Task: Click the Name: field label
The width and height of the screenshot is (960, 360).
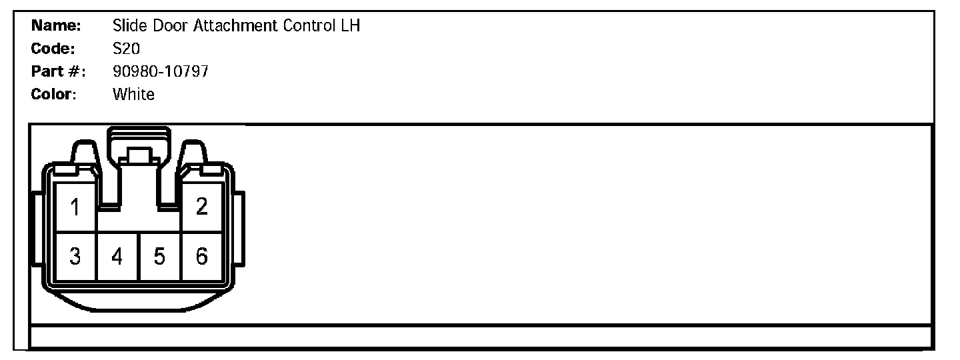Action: (56, 26)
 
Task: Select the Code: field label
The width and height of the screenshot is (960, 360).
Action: (53, 49)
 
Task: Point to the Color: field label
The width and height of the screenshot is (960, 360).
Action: (54, 94)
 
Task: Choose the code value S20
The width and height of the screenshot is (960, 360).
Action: (126, 49)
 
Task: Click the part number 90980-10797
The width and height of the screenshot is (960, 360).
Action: (160, 71)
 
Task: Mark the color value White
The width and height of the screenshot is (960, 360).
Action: (133, 94)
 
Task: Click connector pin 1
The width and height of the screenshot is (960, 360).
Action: (75, 207)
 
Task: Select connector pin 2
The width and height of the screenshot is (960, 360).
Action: (201, 207)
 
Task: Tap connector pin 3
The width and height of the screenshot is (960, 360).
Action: (75, 256)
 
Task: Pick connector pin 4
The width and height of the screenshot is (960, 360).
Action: (117, 256)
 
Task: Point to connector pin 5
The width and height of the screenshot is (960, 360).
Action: (159, 256)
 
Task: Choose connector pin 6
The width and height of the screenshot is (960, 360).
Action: (201, 256)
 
